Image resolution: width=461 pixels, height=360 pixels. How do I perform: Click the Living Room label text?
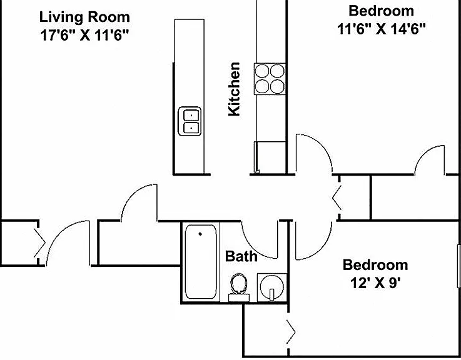[84, 17]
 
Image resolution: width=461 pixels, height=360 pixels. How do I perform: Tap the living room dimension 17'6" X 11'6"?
[84, 36]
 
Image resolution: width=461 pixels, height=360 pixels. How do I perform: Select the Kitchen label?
[235, 89]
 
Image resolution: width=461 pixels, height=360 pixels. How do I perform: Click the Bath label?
[241, 256]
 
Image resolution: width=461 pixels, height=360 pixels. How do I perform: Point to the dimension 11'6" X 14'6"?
[382, 29]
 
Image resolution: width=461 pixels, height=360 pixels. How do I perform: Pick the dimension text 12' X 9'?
[376, 283]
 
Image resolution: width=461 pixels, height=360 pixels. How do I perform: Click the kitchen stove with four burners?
[270, 79]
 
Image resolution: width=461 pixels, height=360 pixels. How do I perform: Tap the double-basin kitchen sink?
[190, 121]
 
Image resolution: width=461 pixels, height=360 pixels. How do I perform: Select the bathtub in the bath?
[201, 262]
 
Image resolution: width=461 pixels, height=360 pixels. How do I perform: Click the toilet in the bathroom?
[239, 287]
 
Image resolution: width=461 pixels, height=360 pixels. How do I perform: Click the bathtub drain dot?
[200, 234]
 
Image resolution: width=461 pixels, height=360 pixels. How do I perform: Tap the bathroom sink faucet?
[271, 294]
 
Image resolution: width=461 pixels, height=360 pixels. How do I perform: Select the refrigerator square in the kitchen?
[270, 157]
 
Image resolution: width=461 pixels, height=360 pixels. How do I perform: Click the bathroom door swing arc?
[256, 246]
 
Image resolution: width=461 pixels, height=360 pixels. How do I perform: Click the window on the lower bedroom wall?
[458, 266]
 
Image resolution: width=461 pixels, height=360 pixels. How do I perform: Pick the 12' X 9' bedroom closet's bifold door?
[290, 332]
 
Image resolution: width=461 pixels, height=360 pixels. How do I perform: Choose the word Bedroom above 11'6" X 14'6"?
[382, 11]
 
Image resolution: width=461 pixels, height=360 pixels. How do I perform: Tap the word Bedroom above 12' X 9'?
[375, 265]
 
